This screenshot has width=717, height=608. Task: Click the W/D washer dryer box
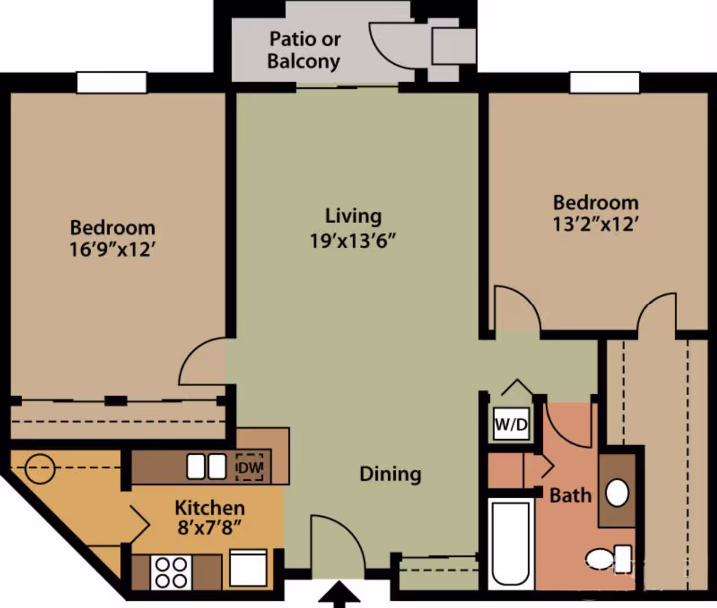[x=511, y=423]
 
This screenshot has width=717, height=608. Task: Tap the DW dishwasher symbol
[x=250, y=467]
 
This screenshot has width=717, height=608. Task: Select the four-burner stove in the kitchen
[x=171, y=573]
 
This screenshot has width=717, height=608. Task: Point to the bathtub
[x=511, y=543]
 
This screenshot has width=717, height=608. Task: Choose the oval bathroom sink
[x=617, y=493]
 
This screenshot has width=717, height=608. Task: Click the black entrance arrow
[x=339, y=595]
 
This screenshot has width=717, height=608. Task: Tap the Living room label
[x=353, y=216]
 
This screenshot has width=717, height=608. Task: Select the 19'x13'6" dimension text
[x=353, y=241]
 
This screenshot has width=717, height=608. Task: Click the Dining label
[x=390, y=474]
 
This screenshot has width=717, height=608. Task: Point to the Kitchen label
[x=210, y=507]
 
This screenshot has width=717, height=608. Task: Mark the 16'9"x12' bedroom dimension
[x=112, y=249]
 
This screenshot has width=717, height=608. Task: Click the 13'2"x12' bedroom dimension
[x=595, y=224]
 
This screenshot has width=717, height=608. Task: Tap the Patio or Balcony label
[x=304, y=50]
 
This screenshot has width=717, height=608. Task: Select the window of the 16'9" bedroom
[x=112, y=83]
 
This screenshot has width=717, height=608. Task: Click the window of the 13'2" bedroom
[x=604, y=83]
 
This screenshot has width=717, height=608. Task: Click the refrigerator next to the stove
[x=248, y=568]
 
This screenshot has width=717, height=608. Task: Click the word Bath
[x=571, y=495]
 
